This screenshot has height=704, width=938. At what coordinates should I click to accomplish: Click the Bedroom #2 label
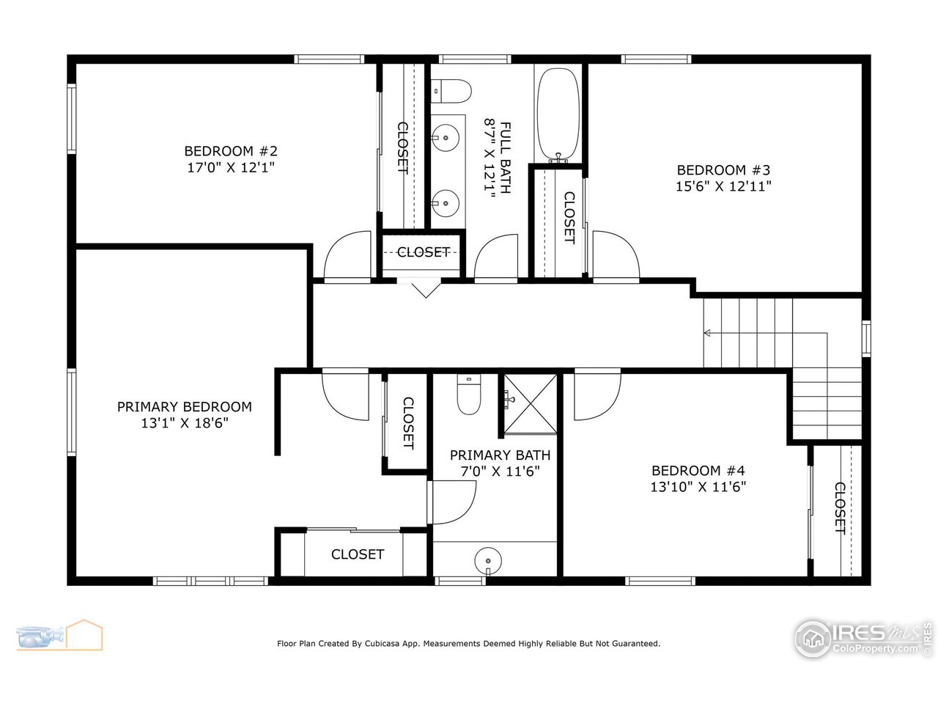click(x=231, y=151)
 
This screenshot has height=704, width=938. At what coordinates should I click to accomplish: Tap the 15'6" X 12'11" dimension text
click(x=723, y=186)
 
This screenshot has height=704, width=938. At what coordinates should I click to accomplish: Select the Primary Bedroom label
click(x=185, y=406)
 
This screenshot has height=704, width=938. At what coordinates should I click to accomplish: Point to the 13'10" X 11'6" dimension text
click(x=698, y=486)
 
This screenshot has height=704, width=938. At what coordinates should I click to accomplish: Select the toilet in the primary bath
click(x=468, y=395)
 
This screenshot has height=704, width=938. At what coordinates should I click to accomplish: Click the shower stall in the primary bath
click(x=529, y=403)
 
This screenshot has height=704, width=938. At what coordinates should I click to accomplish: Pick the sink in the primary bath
click(x=487, y=561)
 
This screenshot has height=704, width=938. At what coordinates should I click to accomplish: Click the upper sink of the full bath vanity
click(x=445, y=135)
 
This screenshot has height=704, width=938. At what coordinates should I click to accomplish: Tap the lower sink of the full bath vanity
click(x=445, y=200)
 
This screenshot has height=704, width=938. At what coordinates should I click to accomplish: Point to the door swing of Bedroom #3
click(x=615, y=256)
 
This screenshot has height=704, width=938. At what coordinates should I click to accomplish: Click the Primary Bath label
click(x=500, y=455)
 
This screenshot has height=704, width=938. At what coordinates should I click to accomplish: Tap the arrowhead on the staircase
click(x=707, y=333)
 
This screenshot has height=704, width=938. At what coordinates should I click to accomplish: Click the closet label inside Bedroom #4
click(x=840, y=508)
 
